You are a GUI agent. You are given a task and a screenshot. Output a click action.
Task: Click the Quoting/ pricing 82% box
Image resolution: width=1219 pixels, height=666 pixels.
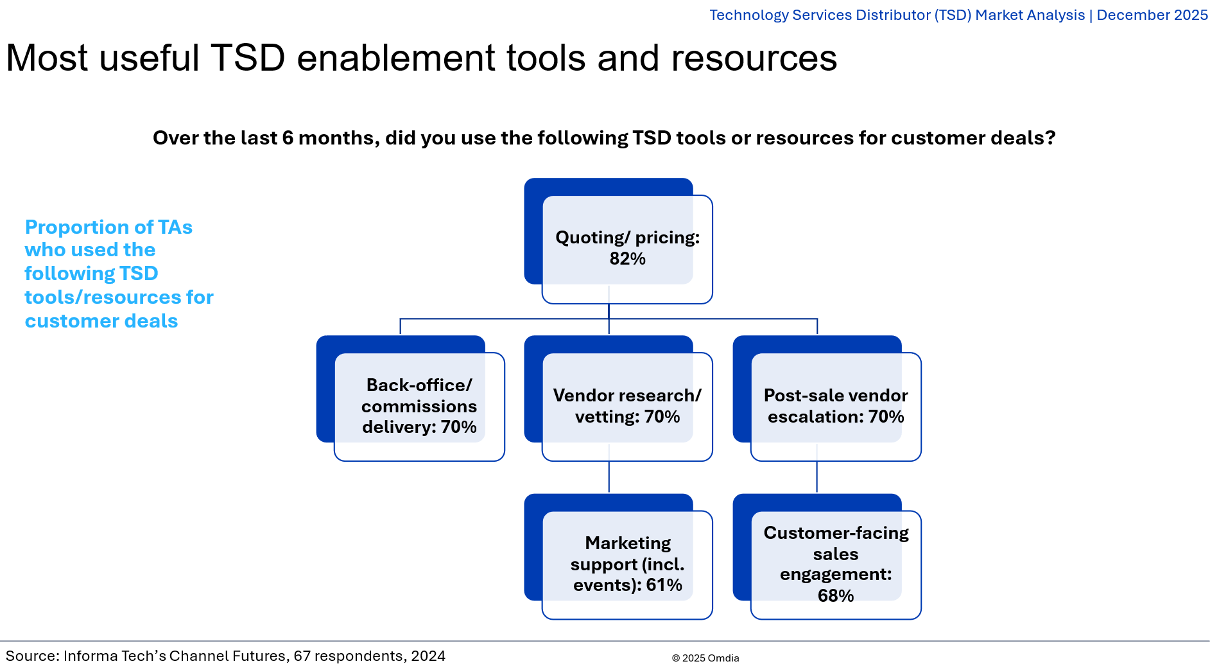(627, 248)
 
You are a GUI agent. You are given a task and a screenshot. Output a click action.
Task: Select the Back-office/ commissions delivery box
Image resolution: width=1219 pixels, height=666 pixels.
(419, 406)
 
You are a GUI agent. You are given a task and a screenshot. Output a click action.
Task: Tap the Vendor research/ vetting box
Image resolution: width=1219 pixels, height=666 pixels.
(627, 406)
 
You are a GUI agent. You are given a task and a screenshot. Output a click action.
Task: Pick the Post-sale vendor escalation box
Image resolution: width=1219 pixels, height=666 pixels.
(835, 406)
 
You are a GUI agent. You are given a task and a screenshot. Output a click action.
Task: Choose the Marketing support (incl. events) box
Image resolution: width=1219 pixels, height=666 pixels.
(627, 564)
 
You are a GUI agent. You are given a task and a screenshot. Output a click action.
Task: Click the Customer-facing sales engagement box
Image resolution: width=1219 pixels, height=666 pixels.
(835, 564)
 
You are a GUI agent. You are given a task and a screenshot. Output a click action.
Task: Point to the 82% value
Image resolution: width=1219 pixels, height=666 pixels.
(627, 259)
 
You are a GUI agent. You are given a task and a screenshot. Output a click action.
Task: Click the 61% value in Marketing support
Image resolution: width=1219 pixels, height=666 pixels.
(664, 585)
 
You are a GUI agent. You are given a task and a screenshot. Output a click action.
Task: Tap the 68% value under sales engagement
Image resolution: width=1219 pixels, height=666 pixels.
(835, 596)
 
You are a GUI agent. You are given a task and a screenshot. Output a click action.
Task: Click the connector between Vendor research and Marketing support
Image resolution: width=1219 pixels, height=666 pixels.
(609, 477)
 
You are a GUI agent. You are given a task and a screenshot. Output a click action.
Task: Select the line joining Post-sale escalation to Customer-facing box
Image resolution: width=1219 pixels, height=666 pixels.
(817, 477)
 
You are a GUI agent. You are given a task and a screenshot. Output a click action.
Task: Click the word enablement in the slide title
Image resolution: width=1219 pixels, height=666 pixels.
(396, 58)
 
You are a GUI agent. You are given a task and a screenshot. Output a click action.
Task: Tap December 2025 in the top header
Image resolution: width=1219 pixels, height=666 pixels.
(1152, 15)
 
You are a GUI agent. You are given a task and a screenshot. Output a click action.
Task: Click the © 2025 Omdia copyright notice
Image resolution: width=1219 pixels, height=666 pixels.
(705, 658)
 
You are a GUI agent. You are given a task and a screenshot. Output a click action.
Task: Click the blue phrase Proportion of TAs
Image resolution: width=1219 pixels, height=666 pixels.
(108, 227)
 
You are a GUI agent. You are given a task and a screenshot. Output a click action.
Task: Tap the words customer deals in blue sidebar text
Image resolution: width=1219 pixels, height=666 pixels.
(101, 320)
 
